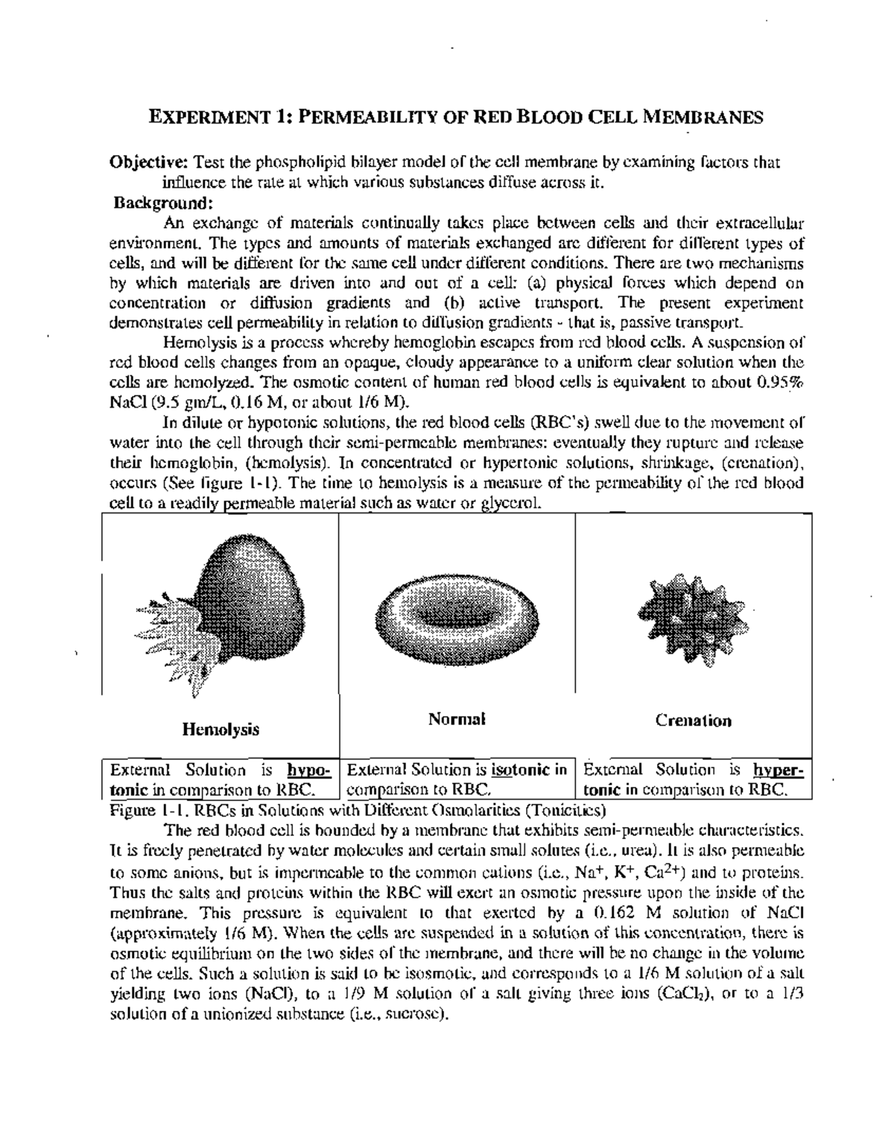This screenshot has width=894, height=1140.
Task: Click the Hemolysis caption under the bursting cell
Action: (221, 729)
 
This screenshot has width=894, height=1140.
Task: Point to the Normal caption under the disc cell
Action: (457, 719)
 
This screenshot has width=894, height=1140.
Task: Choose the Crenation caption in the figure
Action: (693, 721)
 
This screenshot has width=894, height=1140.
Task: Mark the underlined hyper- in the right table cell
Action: (779, 770)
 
